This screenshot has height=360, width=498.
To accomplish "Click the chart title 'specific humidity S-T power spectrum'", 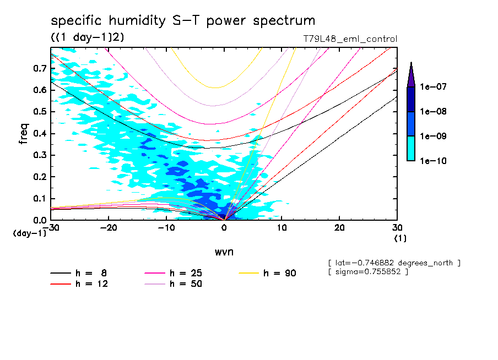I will (x=183, y=21).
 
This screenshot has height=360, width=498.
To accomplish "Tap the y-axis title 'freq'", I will (x=23, y=134).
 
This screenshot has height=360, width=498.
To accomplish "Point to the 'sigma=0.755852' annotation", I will (x=368, y=272).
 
